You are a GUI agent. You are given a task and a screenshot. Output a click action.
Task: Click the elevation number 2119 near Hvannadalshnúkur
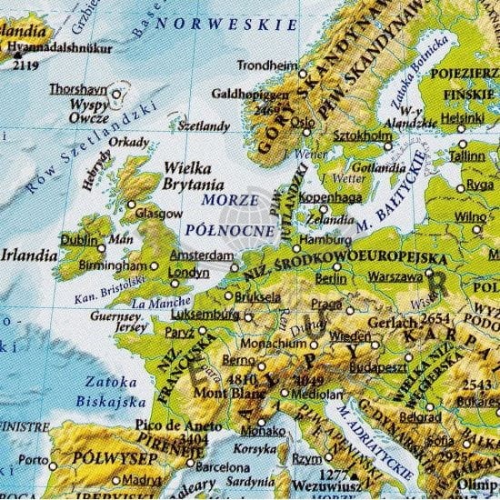coord(25,65)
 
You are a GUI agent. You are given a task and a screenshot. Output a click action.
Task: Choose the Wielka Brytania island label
coord(192,175)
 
